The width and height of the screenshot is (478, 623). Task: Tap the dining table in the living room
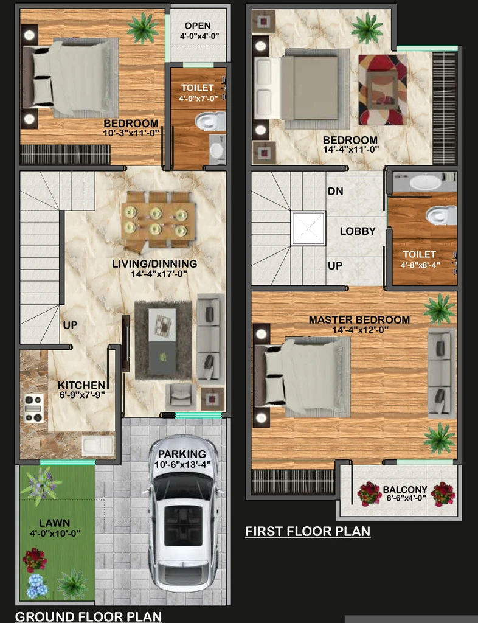158,221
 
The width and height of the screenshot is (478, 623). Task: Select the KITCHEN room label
81,385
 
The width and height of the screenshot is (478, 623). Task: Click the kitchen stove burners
33,408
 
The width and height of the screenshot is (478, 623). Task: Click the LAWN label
55,523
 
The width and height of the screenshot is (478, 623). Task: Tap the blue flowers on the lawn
37,586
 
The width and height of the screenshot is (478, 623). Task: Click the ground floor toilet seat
210,121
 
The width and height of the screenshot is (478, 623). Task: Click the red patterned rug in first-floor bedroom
383,90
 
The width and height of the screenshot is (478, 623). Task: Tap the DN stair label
336,191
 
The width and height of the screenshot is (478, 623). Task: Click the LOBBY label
358,231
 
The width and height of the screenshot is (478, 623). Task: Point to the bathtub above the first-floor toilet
426,182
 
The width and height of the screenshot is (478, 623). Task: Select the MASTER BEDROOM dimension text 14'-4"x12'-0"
361,329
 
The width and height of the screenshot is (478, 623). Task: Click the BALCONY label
405,490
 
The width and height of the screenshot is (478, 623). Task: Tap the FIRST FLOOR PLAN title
308,531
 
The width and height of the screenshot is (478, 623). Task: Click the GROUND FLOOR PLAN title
89,617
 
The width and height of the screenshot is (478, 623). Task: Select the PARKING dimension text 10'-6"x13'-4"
182,464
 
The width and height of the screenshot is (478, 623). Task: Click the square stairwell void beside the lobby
308,228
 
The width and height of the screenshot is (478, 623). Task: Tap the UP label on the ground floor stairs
71,325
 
